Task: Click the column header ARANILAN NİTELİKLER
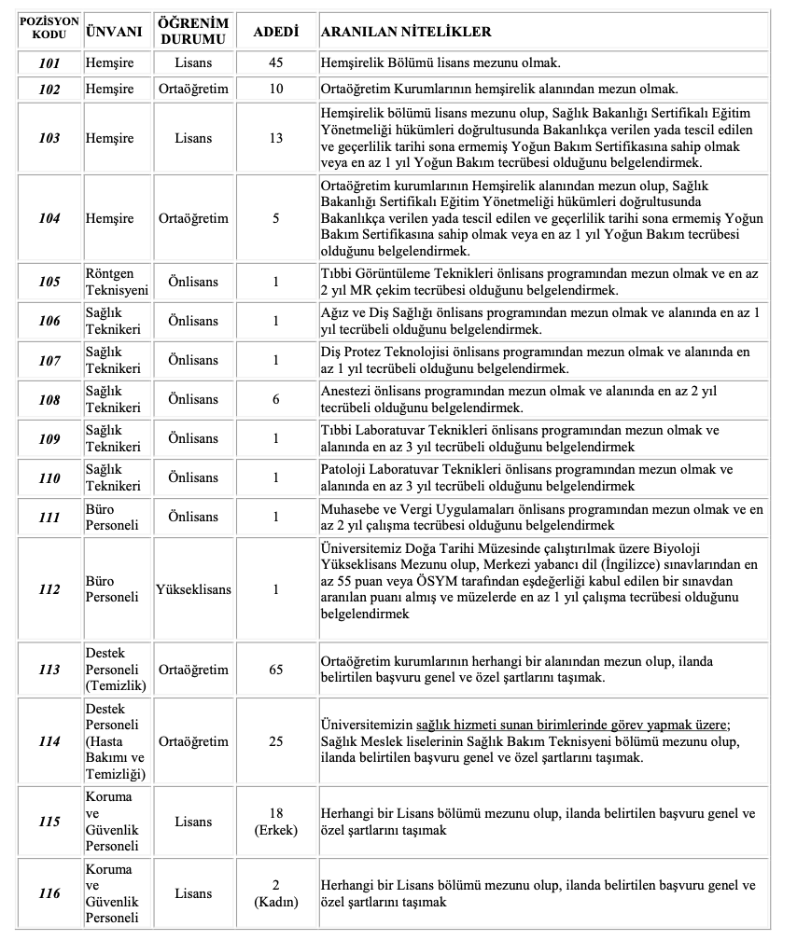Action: (406, 32)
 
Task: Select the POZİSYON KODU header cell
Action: (49, 32)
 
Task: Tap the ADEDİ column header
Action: (276, 32)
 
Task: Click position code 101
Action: (49, 64)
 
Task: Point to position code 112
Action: (49, 589)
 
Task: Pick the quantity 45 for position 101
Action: (276, 64)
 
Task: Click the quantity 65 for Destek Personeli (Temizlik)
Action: (276, 670)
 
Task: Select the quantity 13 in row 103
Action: (276, 138)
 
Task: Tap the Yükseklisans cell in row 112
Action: (193, 589)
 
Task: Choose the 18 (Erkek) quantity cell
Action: (276, 822)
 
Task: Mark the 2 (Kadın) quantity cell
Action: (276, 893)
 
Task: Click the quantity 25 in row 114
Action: (276, 741)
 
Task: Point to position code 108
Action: (49, 399)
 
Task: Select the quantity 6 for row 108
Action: (276, 399)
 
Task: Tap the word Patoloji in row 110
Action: (343, 470)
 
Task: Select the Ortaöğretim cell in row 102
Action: (193, 90)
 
